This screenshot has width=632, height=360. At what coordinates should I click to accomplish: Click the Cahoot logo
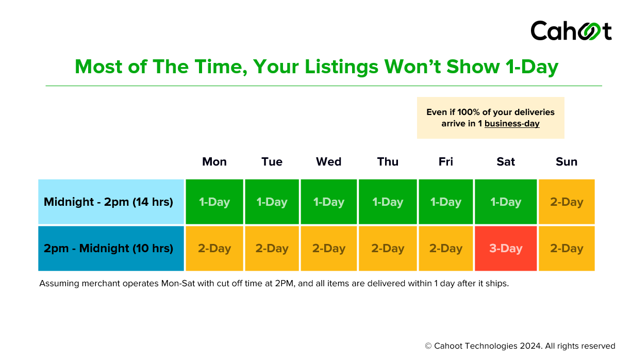571,31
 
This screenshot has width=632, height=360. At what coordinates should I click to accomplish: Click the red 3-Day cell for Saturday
505,249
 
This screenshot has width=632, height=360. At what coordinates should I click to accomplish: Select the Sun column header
566,162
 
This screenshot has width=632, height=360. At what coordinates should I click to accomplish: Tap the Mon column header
214,162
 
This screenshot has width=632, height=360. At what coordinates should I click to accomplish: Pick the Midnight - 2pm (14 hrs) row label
108,202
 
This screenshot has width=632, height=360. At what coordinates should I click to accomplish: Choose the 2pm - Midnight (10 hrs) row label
108,249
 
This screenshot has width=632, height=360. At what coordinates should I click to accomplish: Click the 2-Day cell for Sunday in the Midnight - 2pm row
566,202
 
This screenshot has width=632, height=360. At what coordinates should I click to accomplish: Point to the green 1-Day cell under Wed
328,202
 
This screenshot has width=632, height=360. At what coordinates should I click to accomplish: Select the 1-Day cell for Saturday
505,202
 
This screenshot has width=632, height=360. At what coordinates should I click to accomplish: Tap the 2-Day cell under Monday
214,249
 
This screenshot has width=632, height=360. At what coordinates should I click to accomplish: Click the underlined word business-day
511,124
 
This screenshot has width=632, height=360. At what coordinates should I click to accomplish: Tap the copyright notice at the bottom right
520,346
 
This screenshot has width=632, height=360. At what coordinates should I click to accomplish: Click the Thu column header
387,162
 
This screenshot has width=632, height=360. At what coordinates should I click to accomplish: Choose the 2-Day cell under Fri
445,249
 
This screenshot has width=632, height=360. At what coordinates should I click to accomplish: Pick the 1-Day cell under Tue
272,202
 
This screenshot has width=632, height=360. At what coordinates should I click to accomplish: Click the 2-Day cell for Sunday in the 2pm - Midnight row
566,249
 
